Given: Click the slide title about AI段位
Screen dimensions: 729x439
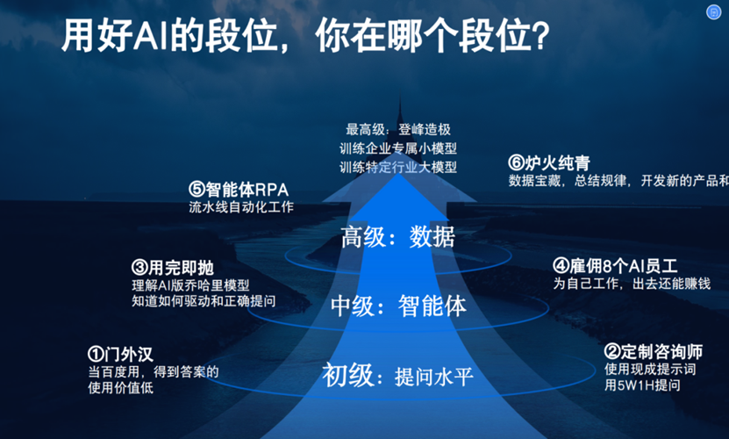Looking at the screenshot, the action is click(305, 36).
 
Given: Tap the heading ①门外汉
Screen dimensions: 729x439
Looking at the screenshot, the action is click(120, 354).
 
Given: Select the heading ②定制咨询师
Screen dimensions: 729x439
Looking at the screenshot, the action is click(654, 352).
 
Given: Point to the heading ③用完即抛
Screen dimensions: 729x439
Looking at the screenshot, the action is click(173, 268).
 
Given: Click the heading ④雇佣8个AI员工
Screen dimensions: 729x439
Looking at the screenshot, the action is click(615, 266).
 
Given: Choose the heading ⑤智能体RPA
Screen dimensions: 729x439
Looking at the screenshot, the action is click(239, 190).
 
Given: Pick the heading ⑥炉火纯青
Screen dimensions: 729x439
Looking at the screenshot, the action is click(549, 163).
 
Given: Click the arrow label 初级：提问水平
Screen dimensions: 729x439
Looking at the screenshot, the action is click(398, 375).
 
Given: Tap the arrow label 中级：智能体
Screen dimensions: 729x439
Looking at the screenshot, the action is click(398, 306).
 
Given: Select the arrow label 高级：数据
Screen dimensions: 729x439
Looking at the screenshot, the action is click(398, 236).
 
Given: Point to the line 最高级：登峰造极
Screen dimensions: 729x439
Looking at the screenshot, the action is click(398, 129).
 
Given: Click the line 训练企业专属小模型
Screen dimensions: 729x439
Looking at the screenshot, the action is click(398, 148).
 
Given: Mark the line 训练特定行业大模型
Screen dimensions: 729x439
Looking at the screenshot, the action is click(398, 167).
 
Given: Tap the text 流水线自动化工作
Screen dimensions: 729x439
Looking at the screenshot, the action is click(241, 206).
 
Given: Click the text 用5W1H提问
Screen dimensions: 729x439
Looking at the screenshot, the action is click(642, 385).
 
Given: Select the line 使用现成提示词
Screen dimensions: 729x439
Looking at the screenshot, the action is click(650, 369).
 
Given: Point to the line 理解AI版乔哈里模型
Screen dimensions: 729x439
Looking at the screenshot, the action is click(190, 284).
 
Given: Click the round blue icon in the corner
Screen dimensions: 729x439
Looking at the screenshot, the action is click(713, 12).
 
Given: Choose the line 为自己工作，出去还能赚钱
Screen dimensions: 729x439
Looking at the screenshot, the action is click(632, 283).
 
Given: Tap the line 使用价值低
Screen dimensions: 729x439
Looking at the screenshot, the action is click(120, 387).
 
